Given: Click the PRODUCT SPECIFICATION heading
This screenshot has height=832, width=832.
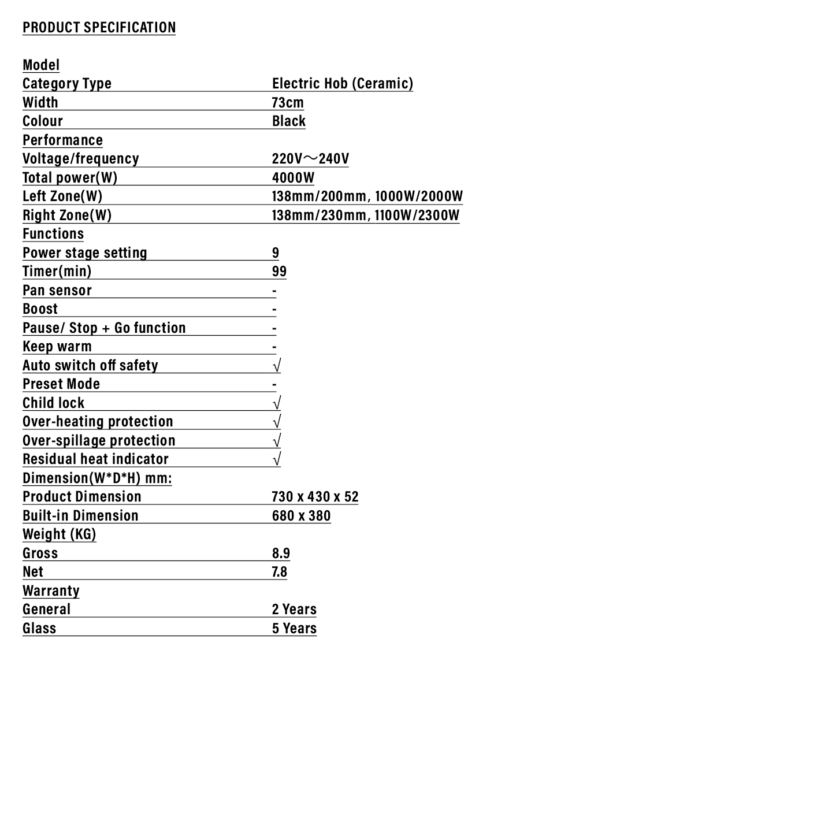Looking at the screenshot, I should tap(99, 27).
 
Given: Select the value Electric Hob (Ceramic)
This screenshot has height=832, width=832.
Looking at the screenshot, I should tap(343, 83).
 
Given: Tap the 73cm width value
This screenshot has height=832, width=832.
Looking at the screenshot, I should tap(288, 102).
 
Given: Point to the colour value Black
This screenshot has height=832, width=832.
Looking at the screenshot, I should tap(289, 121).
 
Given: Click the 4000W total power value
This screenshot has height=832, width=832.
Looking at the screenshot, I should tap(293, 177).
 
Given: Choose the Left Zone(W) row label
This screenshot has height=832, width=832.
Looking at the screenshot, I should tap(62, 196).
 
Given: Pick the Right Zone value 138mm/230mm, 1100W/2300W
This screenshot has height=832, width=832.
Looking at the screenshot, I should tap(366, 215).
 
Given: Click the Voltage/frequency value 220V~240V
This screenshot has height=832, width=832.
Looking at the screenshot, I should tap(310, 158).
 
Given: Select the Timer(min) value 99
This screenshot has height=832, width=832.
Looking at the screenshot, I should tap(279, 271).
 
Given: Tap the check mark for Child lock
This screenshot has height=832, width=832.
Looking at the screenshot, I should tap(277, 403).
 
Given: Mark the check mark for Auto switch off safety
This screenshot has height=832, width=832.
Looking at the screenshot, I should tap(277, 365).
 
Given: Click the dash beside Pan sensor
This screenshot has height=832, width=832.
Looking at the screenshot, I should tap(274, 291).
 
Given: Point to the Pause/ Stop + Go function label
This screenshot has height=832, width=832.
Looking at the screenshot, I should tap(104, 328).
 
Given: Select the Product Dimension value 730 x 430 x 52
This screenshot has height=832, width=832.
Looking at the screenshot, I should tap(315, 496).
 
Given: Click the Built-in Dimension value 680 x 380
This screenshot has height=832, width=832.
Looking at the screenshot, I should tap(301, 515).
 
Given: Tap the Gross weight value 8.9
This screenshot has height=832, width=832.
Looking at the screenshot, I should tap(281, 553).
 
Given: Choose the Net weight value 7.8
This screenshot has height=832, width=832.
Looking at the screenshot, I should tap(280, 571).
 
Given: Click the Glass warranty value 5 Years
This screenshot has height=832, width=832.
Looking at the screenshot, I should tap(294, 628).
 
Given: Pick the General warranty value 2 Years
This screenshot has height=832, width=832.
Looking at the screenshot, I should tap(294, 609).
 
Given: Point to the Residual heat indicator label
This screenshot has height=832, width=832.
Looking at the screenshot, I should tap(95, 459).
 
